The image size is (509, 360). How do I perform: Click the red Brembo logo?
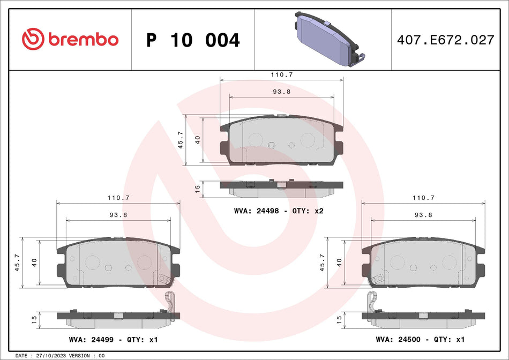tap(70, 39)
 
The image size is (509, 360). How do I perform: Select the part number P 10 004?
tap(193, 40)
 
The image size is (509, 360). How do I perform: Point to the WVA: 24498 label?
tap(257, 211)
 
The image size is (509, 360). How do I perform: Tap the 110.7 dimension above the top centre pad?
tap(282, 75)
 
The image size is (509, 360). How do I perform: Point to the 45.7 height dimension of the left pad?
tap(18, 262)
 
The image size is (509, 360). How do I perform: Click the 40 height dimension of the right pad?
tap(339, 262)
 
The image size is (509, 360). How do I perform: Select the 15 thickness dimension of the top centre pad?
tap(197, 189)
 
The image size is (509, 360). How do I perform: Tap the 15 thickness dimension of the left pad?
tap(34, 319)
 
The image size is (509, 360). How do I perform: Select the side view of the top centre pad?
tap(281, 187)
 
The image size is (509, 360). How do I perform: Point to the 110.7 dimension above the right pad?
tap(423, 198)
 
